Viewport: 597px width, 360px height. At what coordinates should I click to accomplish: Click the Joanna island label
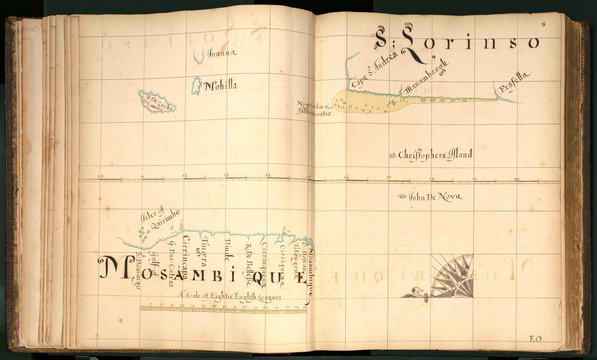(222, 53)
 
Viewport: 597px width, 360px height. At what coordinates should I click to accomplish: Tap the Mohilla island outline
(196, 85)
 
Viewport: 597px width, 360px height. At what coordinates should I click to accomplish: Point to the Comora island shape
(156, 102)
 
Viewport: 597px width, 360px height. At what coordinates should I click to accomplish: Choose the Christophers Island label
(435, 155)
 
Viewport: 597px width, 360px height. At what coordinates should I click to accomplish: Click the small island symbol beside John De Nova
(402, 197)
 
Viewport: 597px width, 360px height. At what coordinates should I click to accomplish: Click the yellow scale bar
(223, 308)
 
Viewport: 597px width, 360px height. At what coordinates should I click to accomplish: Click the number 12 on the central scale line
(185, 176)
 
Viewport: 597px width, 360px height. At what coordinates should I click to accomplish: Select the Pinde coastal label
(227, 251)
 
